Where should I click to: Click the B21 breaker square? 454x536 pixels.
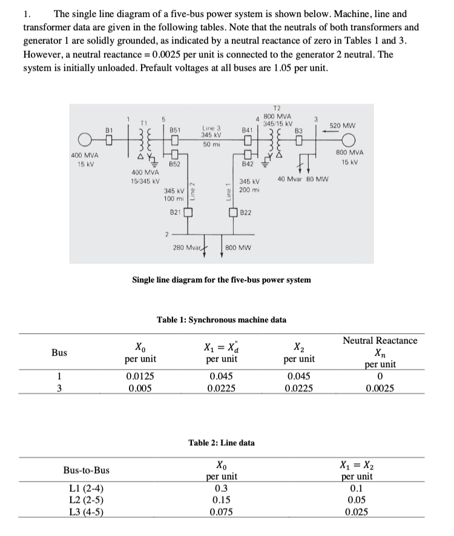pyautogui.click(x=188, y=212)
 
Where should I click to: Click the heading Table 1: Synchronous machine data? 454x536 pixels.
pyautogui.click(x=222, y=319)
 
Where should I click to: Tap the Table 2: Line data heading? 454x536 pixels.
pyautogui.click(x=222, y=442)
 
